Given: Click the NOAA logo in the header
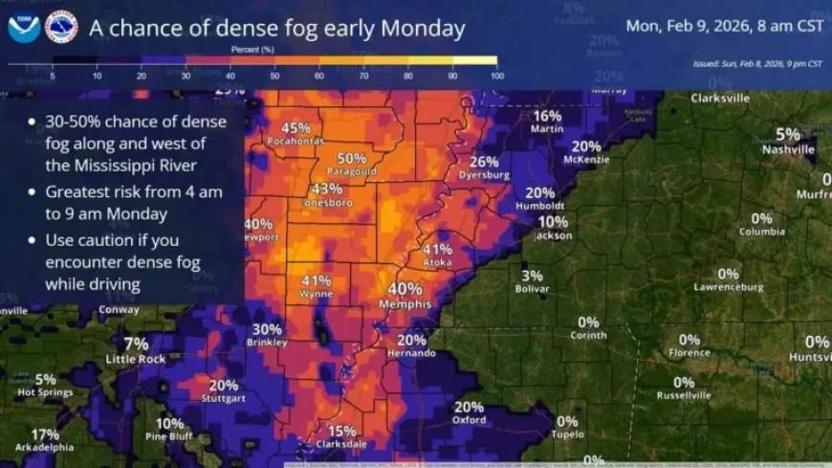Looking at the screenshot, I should [24, 28].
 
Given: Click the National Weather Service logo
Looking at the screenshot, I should [61, 28].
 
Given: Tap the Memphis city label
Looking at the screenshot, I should [405, 303].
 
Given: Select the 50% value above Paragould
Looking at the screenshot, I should [352, 159].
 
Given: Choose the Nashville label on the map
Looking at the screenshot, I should [788, 149].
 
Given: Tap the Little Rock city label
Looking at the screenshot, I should [136, 359].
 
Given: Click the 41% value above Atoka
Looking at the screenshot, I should [437, 249].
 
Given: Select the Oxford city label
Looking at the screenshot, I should [469, 419].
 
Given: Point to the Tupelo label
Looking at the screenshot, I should [568, 435].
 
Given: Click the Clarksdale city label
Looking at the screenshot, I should [341, 444].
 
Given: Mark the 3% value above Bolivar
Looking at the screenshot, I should [533, 276].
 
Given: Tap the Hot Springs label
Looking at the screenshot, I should [39, 391].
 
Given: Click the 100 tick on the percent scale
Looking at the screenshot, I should [494, 75].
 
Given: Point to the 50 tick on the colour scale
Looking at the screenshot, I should [274, 75].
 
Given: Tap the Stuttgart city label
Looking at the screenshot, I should [224, 397].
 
